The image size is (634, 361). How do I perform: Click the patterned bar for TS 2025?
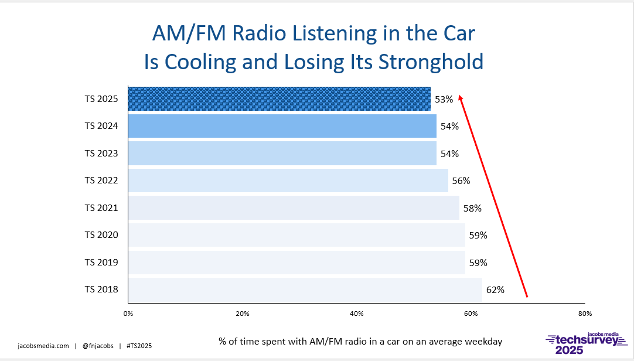(x=279, y=99)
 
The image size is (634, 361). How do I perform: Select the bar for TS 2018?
(x=305, y=290)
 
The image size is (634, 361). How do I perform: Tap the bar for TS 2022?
(x=288, y=180)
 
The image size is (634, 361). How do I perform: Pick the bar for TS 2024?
(x=282, y=126)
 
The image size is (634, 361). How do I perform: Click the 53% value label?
(x=444, y=100)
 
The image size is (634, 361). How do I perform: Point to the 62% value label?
(x=495, y=290)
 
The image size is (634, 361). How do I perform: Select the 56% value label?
(x=461, y=181)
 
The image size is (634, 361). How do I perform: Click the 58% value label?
(x=472, y=208)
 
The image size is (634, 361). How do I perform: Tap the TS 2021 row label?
(x=101, y=208)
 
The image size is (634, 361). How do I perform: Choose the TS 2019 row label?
(x=101, y=263)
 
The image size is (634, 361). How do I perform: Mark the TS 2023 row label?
(x=101, y=154)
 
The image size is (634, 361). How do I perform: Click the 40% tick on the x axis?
(x=356, y=314)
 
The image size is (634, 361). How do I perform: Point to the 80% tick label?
(x=584, y=314)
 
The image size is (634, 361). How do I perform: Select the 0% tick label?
(x=128, y=314)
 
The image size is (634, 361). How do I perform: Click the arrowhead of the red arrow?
(x=461, y=100)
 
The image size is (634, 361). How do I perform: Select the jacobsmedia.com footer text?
(x=44, y=346)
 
